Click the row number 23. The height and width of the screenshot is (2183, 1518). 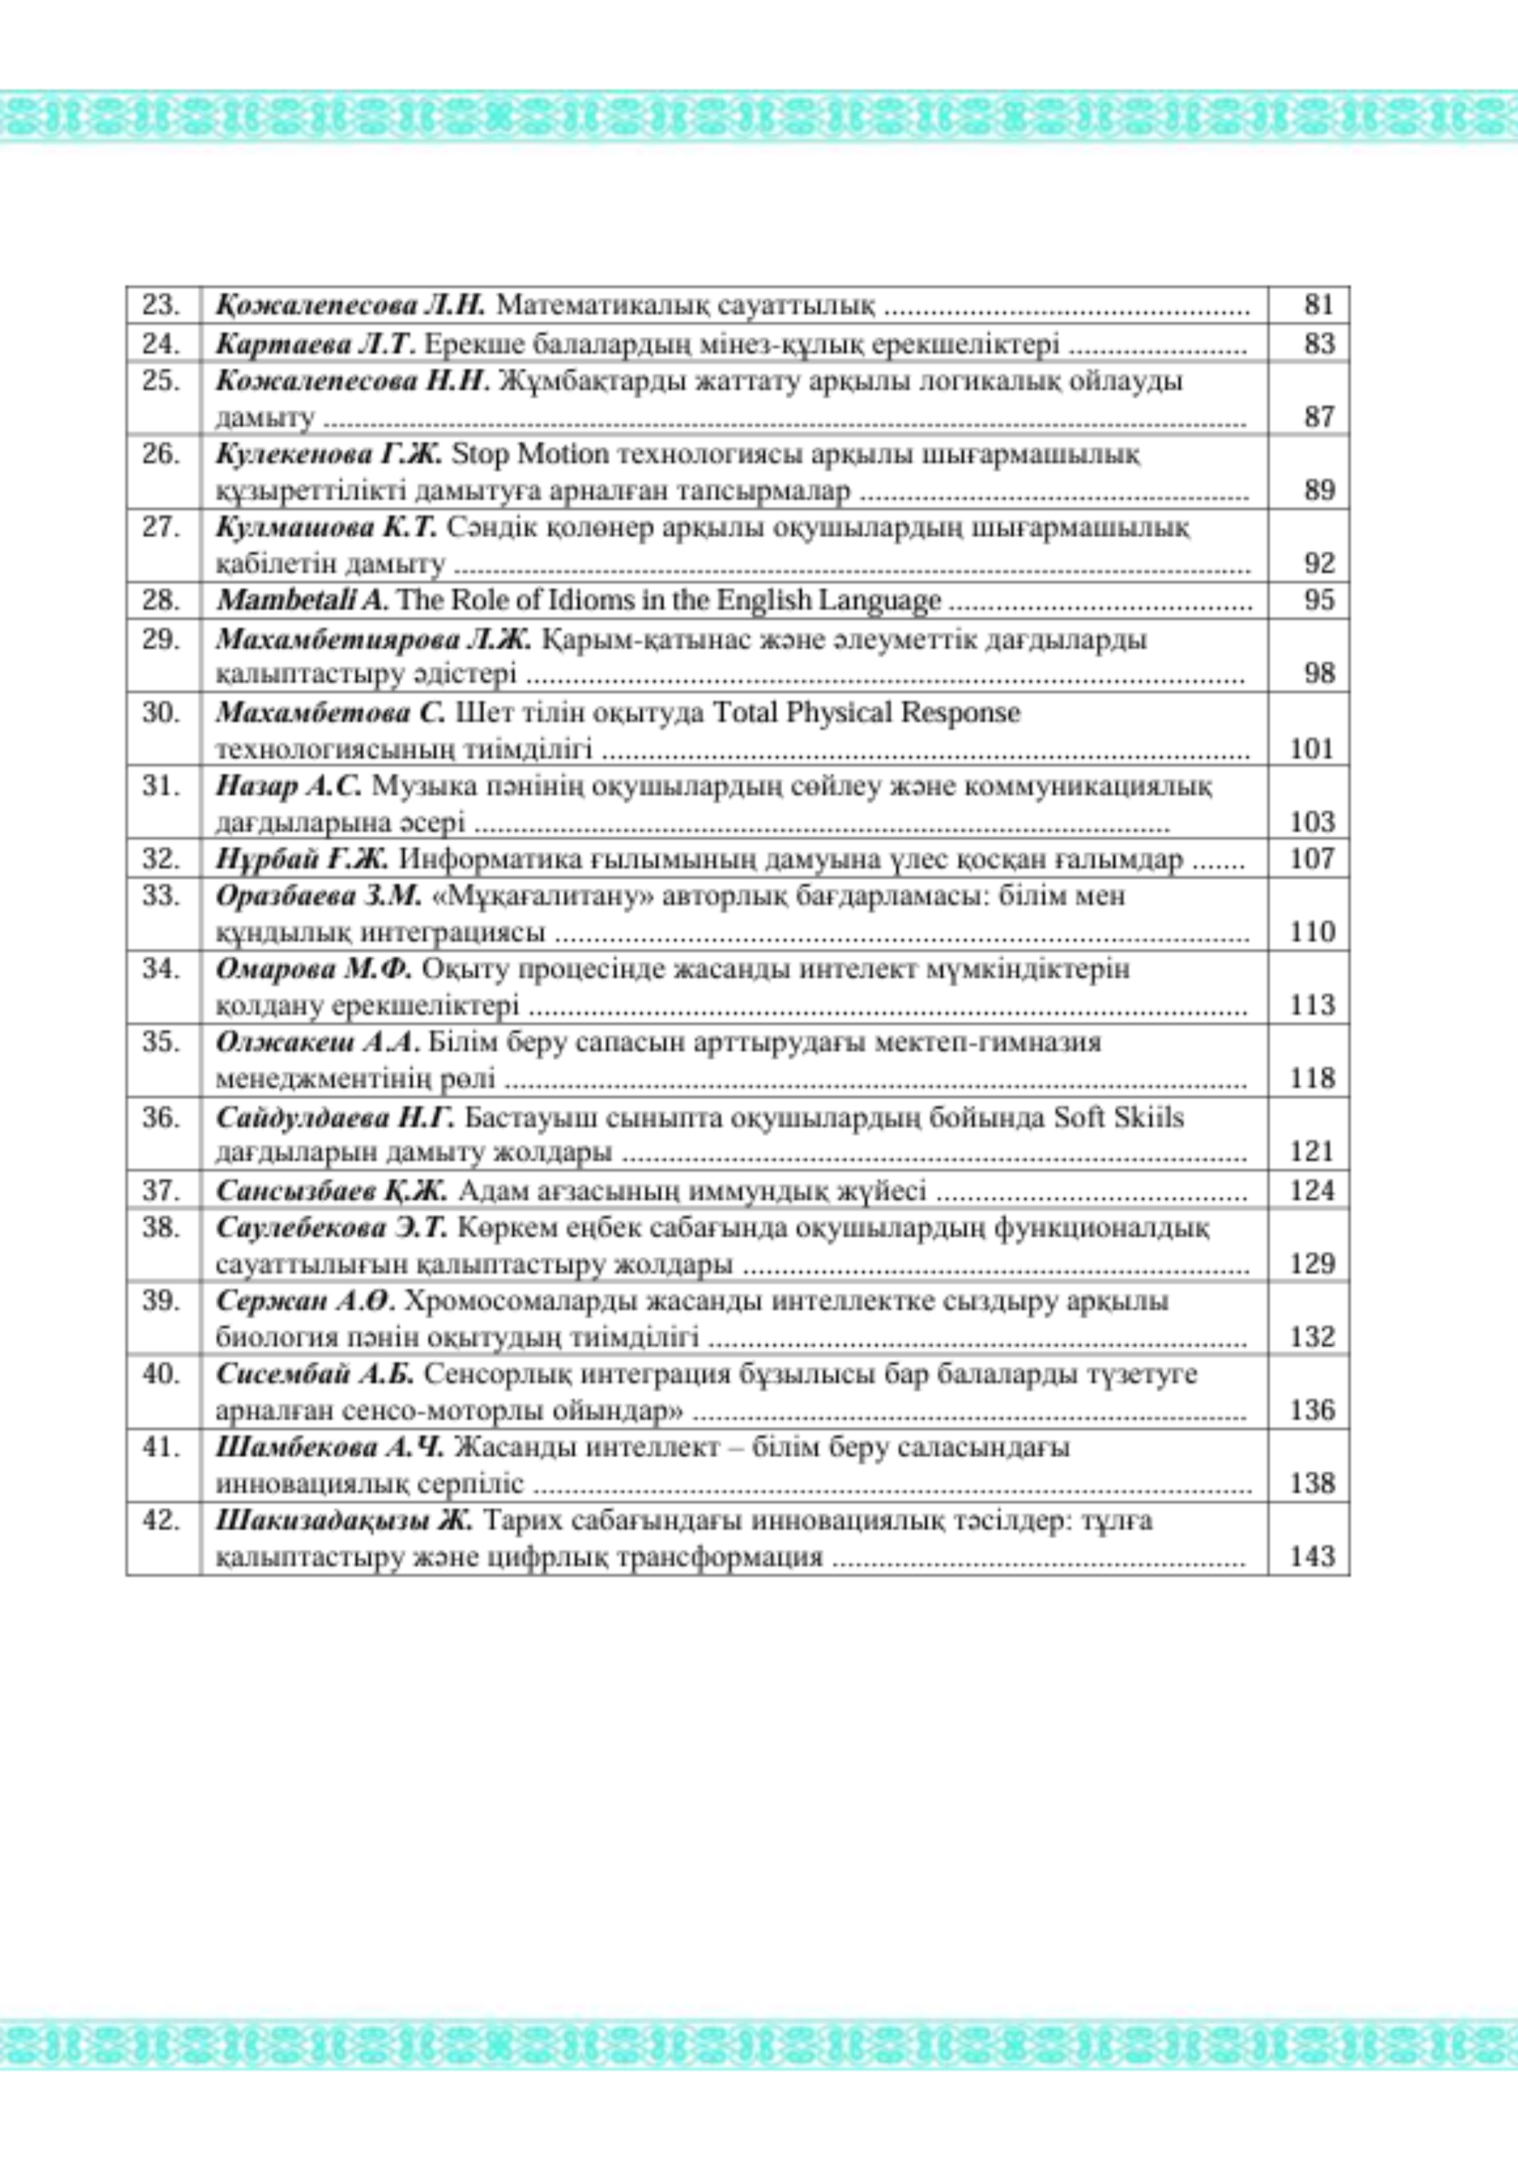pyautogui.click(x=162, y=305)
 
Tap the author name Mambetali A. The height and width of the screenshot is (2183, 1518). pyautogui.click(x=302, y=601)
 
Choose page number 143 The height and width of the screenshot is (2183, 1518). pyautogui.click(x=1312, y=1557)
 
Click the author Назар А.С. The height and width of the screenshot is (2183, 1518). pyautogui.click(x=289, y=786)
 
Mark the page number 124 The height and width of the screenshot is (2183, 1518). pyautogui.click(x=1312, y=1190)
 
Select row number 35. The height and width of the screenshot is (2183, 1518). pyautogui.click(x=162, y=1043)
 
